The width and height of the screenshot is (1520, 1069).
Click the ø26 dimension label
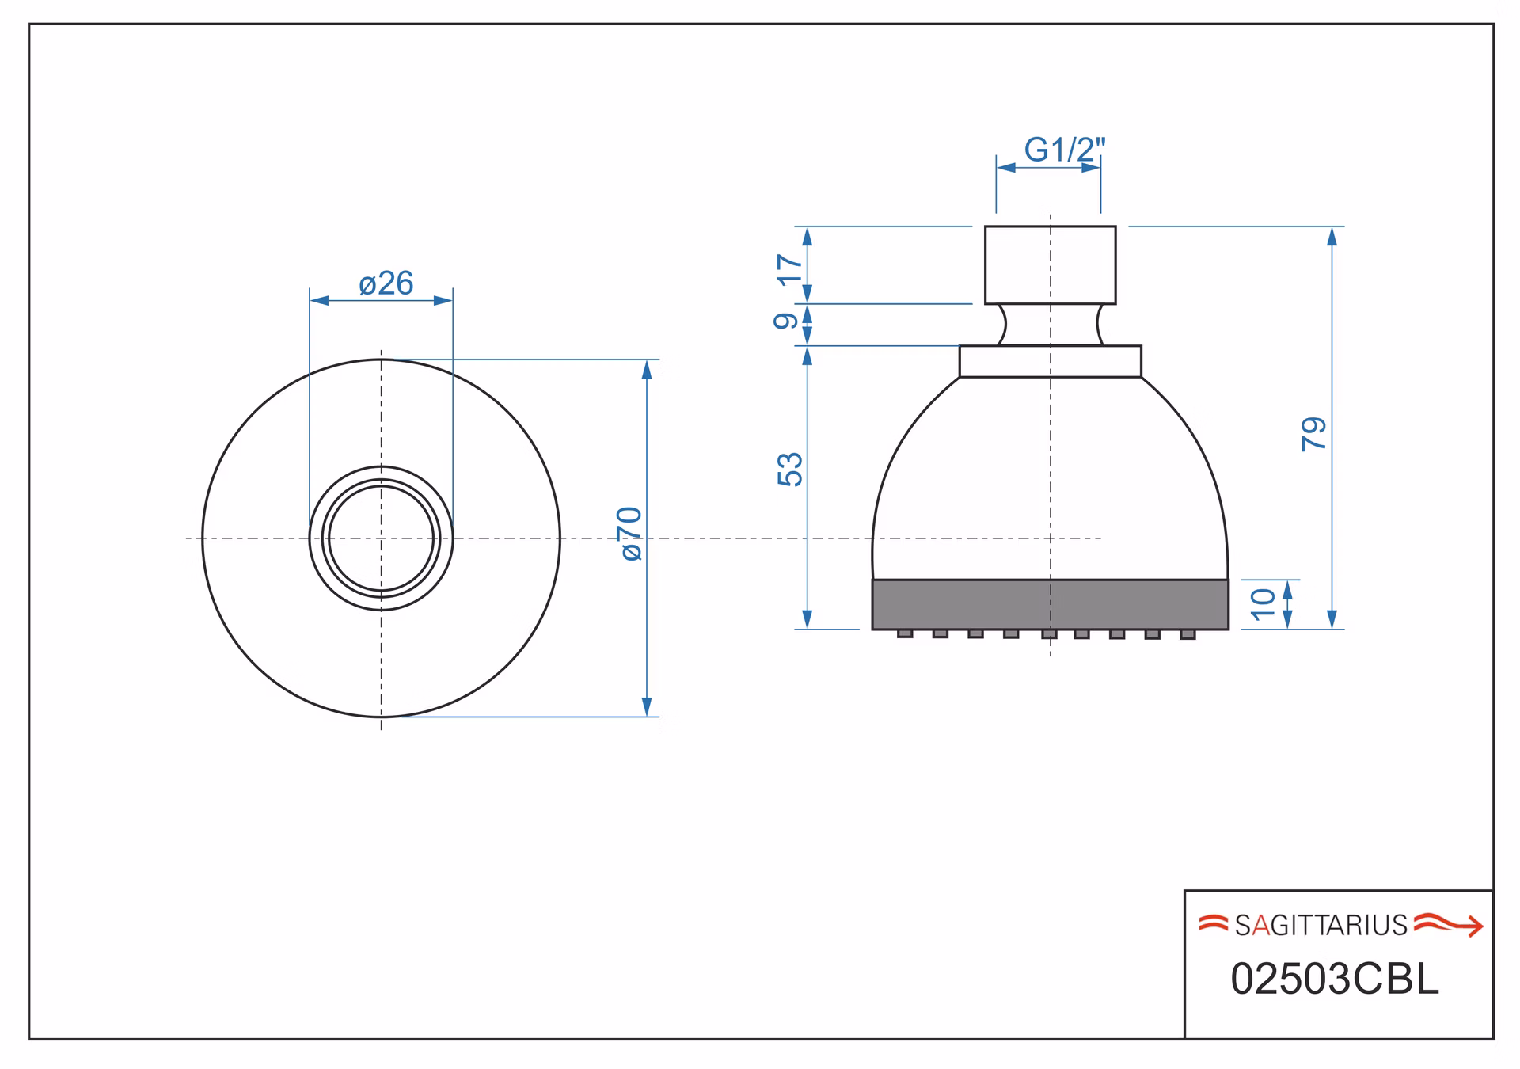(386, 283)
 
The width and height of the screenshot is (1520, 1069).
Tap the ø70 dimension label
(631, 534)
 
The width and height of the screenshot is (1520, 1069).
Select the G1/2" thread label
(1064, 149)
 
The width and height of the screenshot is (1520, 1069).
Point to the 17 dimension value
(790, 269)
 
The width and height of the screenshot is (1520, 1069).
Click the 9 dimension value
(786, 321)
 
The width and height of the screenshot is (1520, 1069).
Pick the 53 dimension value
(790, 470)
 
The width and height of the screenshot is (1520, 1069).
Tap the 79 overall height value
(1313, 434)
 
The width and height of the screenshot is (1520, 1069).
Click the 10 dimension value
(1263, 603)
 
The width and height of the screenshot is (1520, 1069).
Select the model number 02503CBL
(1334, 980)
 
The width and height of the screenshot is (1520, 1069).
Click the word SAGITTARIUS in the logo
(1320, 925)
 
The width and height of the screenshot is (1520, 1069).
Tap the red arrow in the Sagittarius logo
(1449, 924)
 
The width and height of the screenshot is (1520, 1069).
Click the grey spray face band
(1050, 604)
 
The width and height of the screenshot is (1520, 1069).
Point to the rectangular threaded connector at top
(1050, 264)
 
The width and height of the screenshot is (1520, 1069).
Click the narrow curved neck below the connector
(1050, 325)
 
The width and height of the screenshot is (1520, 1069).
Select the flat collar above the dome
(1050, 361)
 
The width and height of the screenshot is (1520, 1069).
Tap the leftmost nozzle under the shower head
(905, 633)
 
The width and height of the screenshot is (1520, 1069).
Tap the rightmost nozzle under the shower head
(1187, 634)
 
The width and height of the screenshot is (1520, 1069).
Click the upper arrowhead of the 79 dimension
(1332, 236)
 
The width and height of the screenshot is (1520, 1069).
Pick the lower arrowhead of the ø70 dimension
(647, 707)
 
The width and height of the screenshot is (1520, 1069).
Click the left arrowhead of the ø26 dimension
(319, 300)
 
